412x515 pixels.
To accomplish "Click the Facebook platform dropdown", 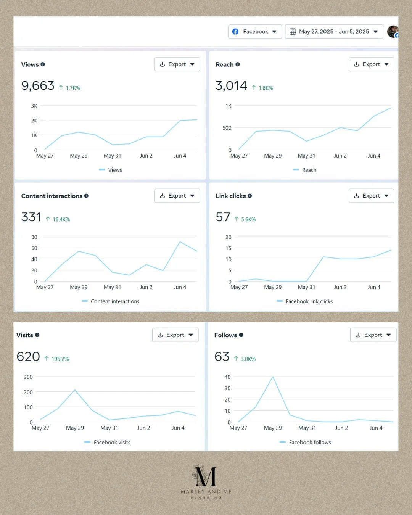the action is point(255,32).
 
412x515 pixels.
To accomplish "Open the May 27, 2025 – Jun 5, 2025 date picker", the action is point(334,32).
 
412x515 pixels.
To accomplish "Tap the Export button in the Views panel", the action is point(177,64).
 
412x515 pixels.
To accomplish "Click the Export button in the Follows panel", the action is point(373,335).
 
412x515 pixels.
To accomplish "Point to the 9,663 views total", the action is point(38,86).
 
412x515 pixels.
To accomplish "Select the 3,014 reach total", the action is point(231,86).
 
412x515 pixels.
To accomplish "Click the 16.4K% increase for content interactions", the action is point(58,219).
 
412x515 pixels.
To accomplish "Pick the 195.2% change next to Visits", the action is point(57,359).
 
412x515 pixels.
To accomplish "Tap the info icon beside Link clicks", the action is point(250,196).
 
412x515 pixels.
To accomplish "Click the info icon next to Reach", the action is point(238,64).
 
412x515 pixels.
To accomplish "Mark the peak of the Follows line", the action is point(273,377).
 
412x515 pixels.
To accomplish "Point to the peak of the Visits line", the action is point(75,390).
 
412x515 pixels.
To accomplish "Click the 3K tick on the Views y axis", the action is point(34,106).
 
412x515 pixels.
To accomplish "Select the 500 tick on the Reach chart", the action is point(227,128).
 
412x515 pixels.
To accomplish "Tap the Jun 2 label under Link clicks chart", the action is point(340,287).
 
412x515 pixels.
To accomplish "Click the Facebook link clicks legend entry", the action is point(304,301).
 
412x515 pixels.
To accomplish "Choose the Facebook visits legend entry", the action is point(107,442).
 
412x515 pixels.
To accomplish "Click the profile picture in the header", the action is point(393,32).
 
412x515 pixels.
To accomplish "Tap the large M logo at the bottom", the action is point(205,476).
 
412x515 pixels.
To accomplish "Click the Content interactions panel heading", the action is point(52,196).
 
